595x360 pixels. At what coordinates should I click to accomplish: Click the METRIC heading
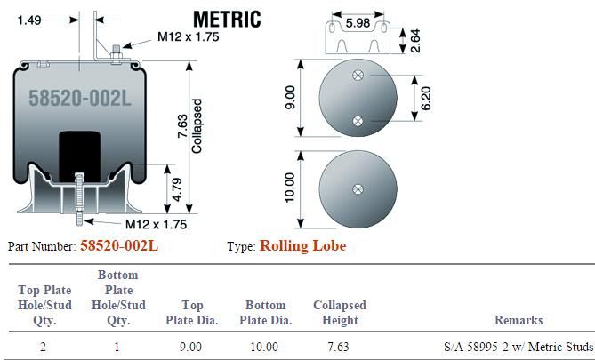point(227,20)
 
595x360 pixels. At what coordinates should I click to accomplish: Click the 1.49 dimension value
point(29,20)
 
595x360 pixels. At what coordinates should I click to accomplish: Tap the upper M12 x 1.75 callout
point(189,36)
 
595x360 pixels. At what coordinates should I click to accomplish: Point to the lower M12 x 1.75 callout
point(156,224)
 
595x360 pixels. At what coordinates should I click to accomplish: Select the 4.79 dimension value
point(177,189)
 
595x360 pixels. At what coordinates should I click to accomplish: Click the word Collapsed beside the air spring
point(197,126)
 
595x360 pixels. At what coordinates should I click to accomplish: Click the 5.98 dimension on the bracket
point(358,23)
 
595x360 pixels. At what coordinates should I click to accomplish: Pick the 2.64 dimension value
point(415,41)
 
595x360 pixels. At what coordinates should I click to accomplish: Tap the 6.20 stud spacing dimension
point(426,99)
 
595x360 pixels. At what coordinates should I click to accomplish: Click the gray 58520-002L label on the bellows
point(80,98)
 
